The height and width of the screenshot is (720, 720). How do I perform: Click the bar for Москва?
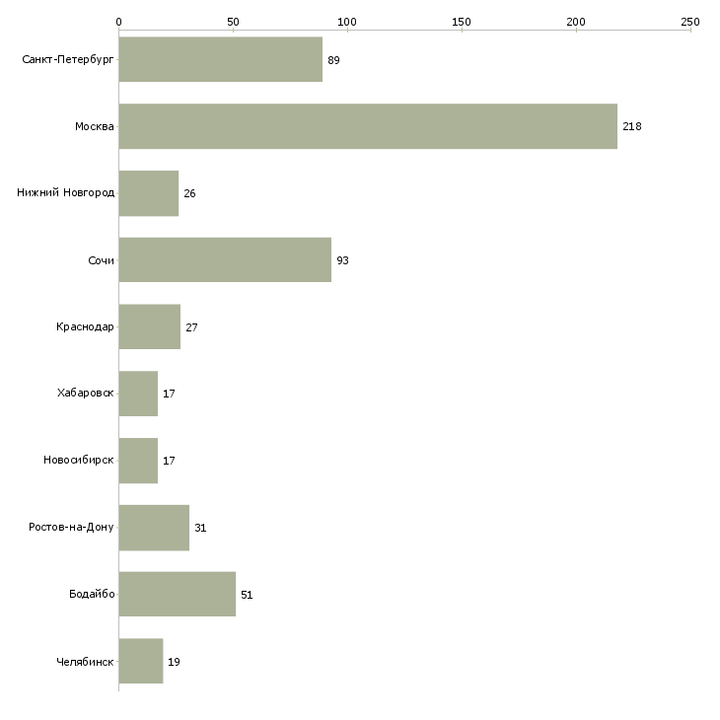pyautogui.click(x=368, y=126)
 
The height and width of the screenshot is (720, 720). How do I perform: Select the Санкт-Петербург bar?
pyautogui.click(x=220, y=59)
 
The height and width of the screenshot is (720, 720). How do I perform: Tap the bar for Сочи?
pyautogui.click(x=225, y=260)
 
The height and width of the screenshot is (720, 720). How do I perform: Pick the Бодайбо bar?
pyautogui.click(x=178, y=594)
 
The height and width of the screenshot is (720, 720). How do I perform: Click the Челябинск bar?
pyautogui.click(x=141, y=661)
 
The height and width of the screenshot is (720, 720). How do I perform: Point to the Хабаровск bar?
pyautogui.click(x=138, y=394)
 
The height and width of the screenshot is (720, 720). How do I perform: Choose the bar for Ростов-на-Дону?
pyautogui.click(x=154, y=528)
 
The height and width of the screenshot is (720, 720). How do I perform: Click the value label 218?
pyautogui.click(x=632, y=126)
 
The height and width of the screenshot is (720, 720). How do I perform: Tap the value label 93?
pyautogui.click(x=342, y=260)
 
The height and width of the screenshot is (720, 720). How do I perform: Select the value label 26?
pyautogui.click(x=189, y=193)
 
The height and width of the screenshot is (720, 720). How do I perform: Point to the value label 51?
pyautogui.click(x=247, y=595)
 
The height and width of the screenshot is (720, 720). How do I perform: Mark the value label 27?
pyautogui.click(x=191, y=327)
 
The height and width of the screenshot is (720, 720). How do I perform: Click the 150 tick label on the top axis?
pyautogui.click(x=462, y=22)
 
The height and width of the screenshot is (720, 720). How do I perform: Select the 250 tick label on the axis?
pyautogui.click(x=690, y=22)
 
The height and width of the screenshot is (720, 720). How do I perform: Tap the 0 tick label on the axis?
pyautogui.click(x=119, y=22)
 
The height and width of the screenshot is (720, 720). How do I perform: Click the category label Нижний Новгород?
pyautogui.click(x=66, y=192)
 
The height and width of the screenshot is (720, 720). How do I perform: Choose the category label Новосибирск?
pyautogui.click(x=79, y=460)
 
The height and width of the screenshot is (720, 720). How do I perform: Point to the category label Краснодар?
pyautogui.click(x=85, y=326)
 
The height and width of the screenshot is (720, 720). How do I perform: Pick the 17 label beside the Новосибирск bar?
pyautogui.click(x=169, y=461)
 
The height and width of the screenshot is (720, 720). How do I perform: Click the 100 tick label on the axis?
pyautogui.click(x=347, y=22)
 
